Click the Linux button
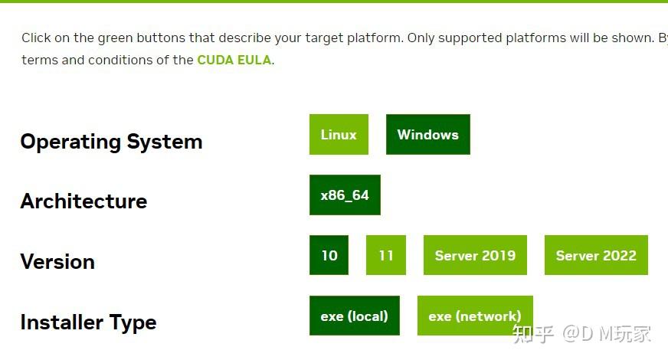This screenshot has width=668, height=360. pyautogui.click(x=339, y=135)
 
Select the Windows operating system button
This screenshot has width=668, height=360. pyautogui.click(x=427, y=135)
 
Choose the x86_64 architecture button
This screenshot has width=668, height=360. pyautogui.click(x=345, y=195)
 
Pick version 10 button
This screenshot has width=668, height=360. pyautogui.click(x=329, y=255)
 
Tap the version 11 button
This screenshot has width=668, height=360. pyautogui.click(x=386, y=255)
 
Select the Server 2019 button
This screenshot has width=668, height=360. pyautogui.click(x=475, y=255)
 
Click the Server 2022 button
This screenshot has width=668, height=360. pyautogui.click(x=596, y=255)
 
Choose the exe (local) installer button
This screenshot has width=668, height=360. pyautogui.click(x=355, y=316)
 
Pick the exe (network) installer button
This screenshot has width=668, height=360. pyautogui.click(x=475, y=316)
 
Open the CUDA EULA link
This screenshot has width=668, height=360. pyautogui.click(x=234, y=60)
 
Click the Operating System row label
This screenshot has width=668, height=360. pyautogui.click(x=111, y=142)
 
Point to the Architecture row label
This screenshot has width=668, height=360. pyautogui.click(x=83, y=201)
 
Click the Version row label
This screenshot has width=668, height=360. pyautogui.click(x=57, y=262)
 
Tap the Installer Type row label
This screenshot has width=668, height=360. pyautogui.click(x=88, y=322)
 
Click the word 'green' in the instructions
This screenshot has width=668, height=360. pyautogui.click(x=116, y=38)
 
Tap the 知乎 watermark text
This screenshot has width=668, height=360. pyautogui.click(x=533, y=333)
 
